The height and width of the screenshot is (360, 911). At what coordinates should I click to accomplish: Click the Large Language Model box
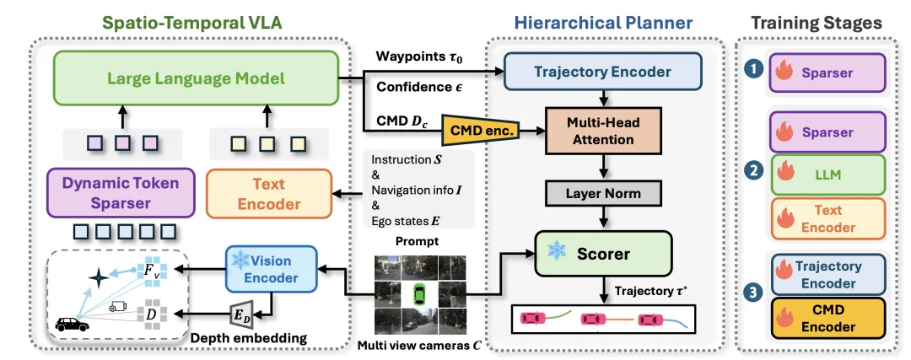pyautogui.click(x=196, y=79)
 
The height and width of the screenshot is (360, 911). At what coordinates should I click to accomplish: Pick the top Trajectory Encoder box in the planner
pyautogui.click(x=602, y=72)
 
